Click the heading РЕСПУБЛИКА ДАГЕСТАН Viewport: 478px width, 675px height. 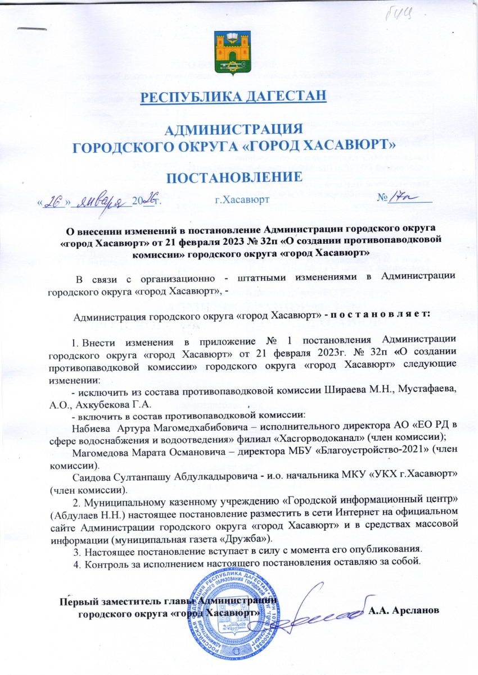tap(233, 97)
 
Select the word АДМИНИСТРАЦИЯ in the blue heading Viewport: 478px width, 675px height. tap(236, 129)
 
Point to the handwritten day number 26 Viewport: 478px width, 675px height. tap(55, 200)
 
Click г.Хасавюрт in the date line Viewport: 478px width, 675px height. tap(241, 200)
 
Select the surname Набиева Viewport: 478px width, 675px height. tap(91, 427)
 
